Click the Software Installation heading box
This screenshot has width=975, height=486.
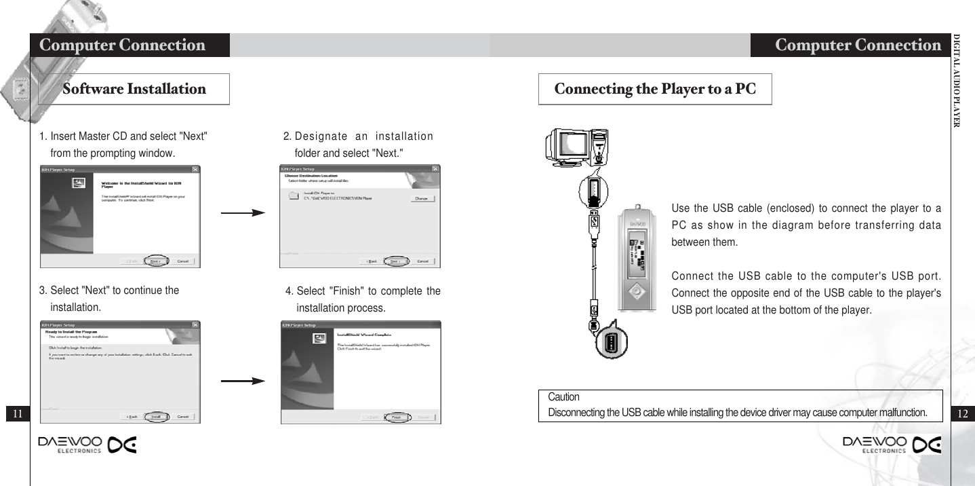134,90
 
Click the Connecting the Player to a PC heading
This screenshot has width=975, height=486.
655,90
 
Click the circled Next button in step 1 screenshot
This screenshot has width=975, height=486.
155,261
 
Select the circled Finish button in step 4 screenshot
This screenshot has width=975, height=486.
398,417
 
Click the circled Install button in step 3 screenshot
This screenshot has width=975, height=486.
155,416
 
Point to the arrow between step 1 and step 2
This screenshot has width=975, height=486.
243,213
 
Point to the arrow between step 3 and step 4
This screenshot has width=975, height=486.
243,381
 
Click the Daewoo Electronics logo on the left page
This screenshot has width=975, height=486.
87,444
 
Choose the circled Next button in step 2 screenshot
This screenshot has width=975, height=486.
397,261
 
